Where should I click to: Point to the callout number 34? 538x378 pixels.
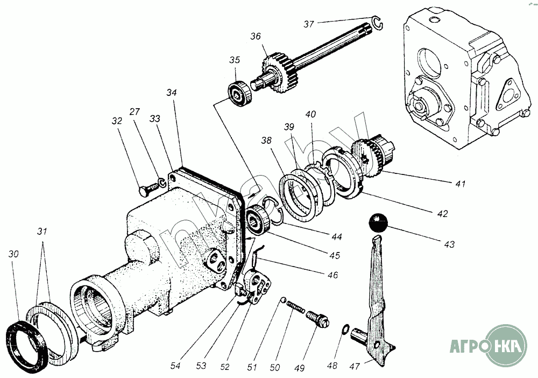click(171, 93)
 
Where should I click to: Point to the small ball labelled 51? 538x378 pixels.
click(283, 300)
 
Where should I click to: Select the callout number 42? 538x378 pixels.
click(442, 213)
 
